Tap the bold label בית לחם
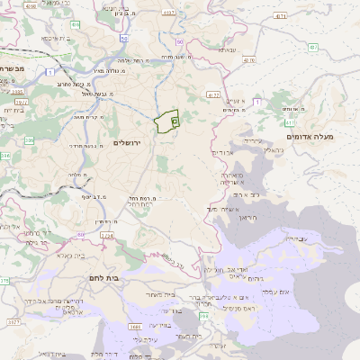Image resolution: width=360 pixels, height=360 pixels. pos(105,279)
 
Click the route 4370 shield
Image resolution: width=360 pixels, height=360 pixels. pos(248,61)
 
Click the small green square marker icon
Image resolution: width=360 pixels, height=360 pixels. pos(175,120)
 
